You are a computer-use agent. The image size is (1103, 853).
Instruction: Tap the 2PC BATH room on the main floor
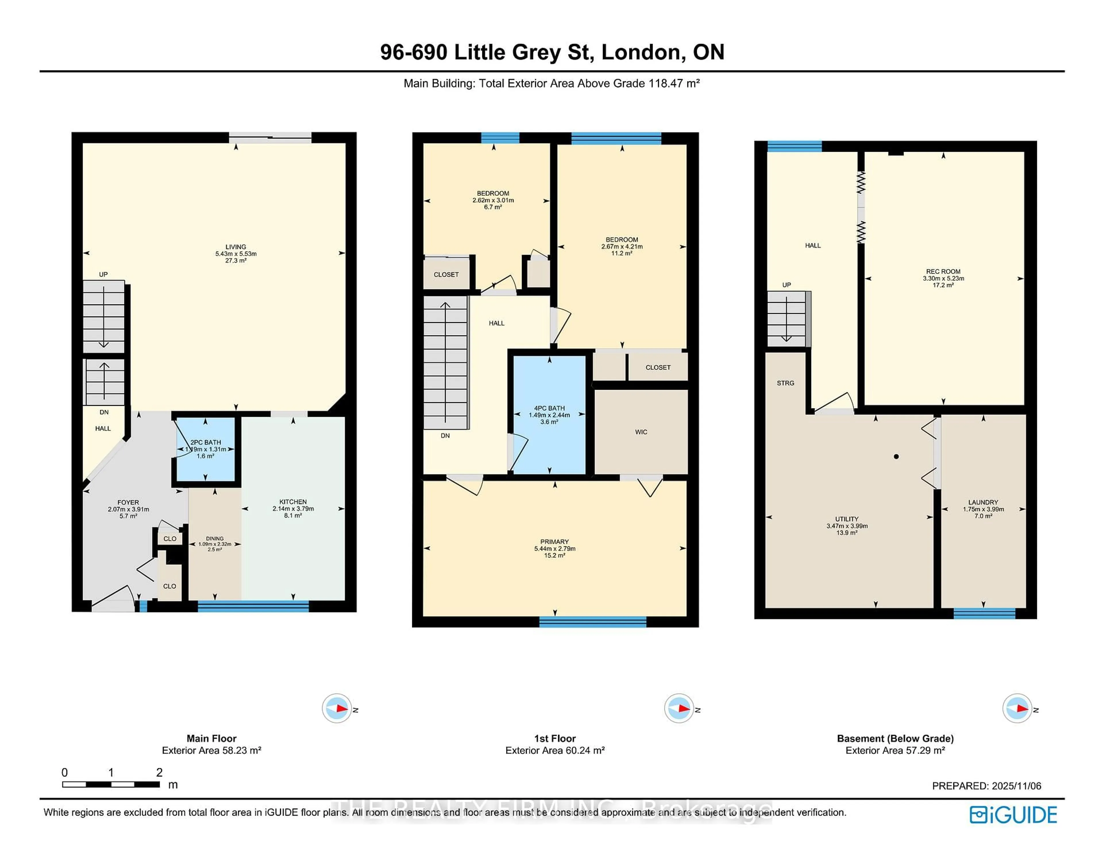click(206, 449)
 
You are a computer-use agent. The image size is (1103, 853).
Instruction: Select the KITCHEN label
click(293, 502)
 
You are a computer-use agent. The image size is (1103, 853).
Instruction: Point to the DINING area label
click(215, 539)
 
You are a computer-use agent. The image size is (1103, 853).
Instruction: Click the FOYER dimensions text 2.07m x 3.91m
click(128, 509)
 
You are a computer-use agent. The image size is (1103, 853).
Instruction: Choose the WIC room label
click(641, 432)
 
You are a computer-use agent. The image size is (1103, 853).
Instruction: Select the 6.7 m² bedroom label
click(493, 200)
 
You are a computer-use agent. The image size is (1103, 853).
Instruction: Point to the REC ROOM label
click(943, 271)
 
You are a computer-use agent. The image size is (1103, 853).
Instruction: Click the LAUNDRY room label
click(983, 502)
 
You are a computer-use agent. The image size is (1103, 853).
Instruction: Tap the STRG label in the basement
click(785, 383)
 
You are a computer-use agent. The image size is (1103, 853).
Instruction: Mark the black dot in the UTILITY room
click(896, 457)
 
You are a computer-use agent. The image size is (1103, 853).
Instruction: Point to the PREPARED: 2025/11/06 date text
click(986, 786)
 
